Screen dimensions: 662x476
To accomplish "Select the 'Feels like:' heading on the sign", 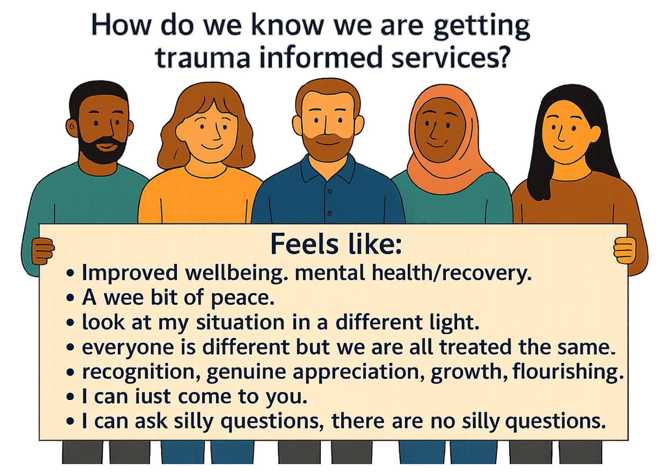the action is point(336,244).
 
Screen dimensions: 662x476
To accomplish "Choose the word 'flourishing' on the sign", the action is point(568,372).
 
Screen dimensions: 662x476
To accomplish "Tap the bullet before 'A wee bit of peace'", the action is point(70,298).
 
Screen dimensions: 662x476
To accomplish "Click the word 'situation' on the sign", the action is point(240,323).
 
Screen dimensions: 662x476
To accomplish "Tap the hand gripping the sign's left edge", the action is point(43,251).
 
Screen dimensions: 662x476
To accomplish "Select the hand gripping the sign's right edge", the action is point(625,251).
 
